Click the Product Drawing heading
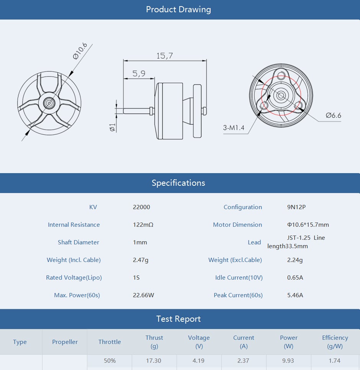(x=178, y=10)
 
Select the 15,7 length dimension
(x=164, y=56)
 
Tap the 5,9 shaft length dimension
(x=139, y=74)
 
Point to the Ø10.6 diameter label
(x=80, y=51)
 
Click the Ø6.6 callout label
(x=333, y=115)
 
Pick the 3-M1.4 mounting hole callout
(x=234, y=128)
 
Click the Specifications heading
(x=178, y=183)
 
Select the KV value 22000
(x=141, y=207)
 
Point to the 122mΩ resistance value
(x=143, y=225)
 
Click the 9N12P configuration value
(x=296, y=207)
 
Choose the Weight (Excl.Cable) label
(x=235, y=260)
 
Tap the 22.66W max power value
(x=143, y=295)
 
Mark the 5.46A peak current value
(x=295, y=295)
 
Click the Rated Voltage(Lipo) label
(x=74, y=278)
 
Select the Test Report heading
(x=178, y=319)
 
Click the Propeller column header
(x=65, y=342)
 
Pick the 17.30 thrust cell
(x=154, y=361)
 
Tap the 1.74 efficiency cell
(x=335, y=361)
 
